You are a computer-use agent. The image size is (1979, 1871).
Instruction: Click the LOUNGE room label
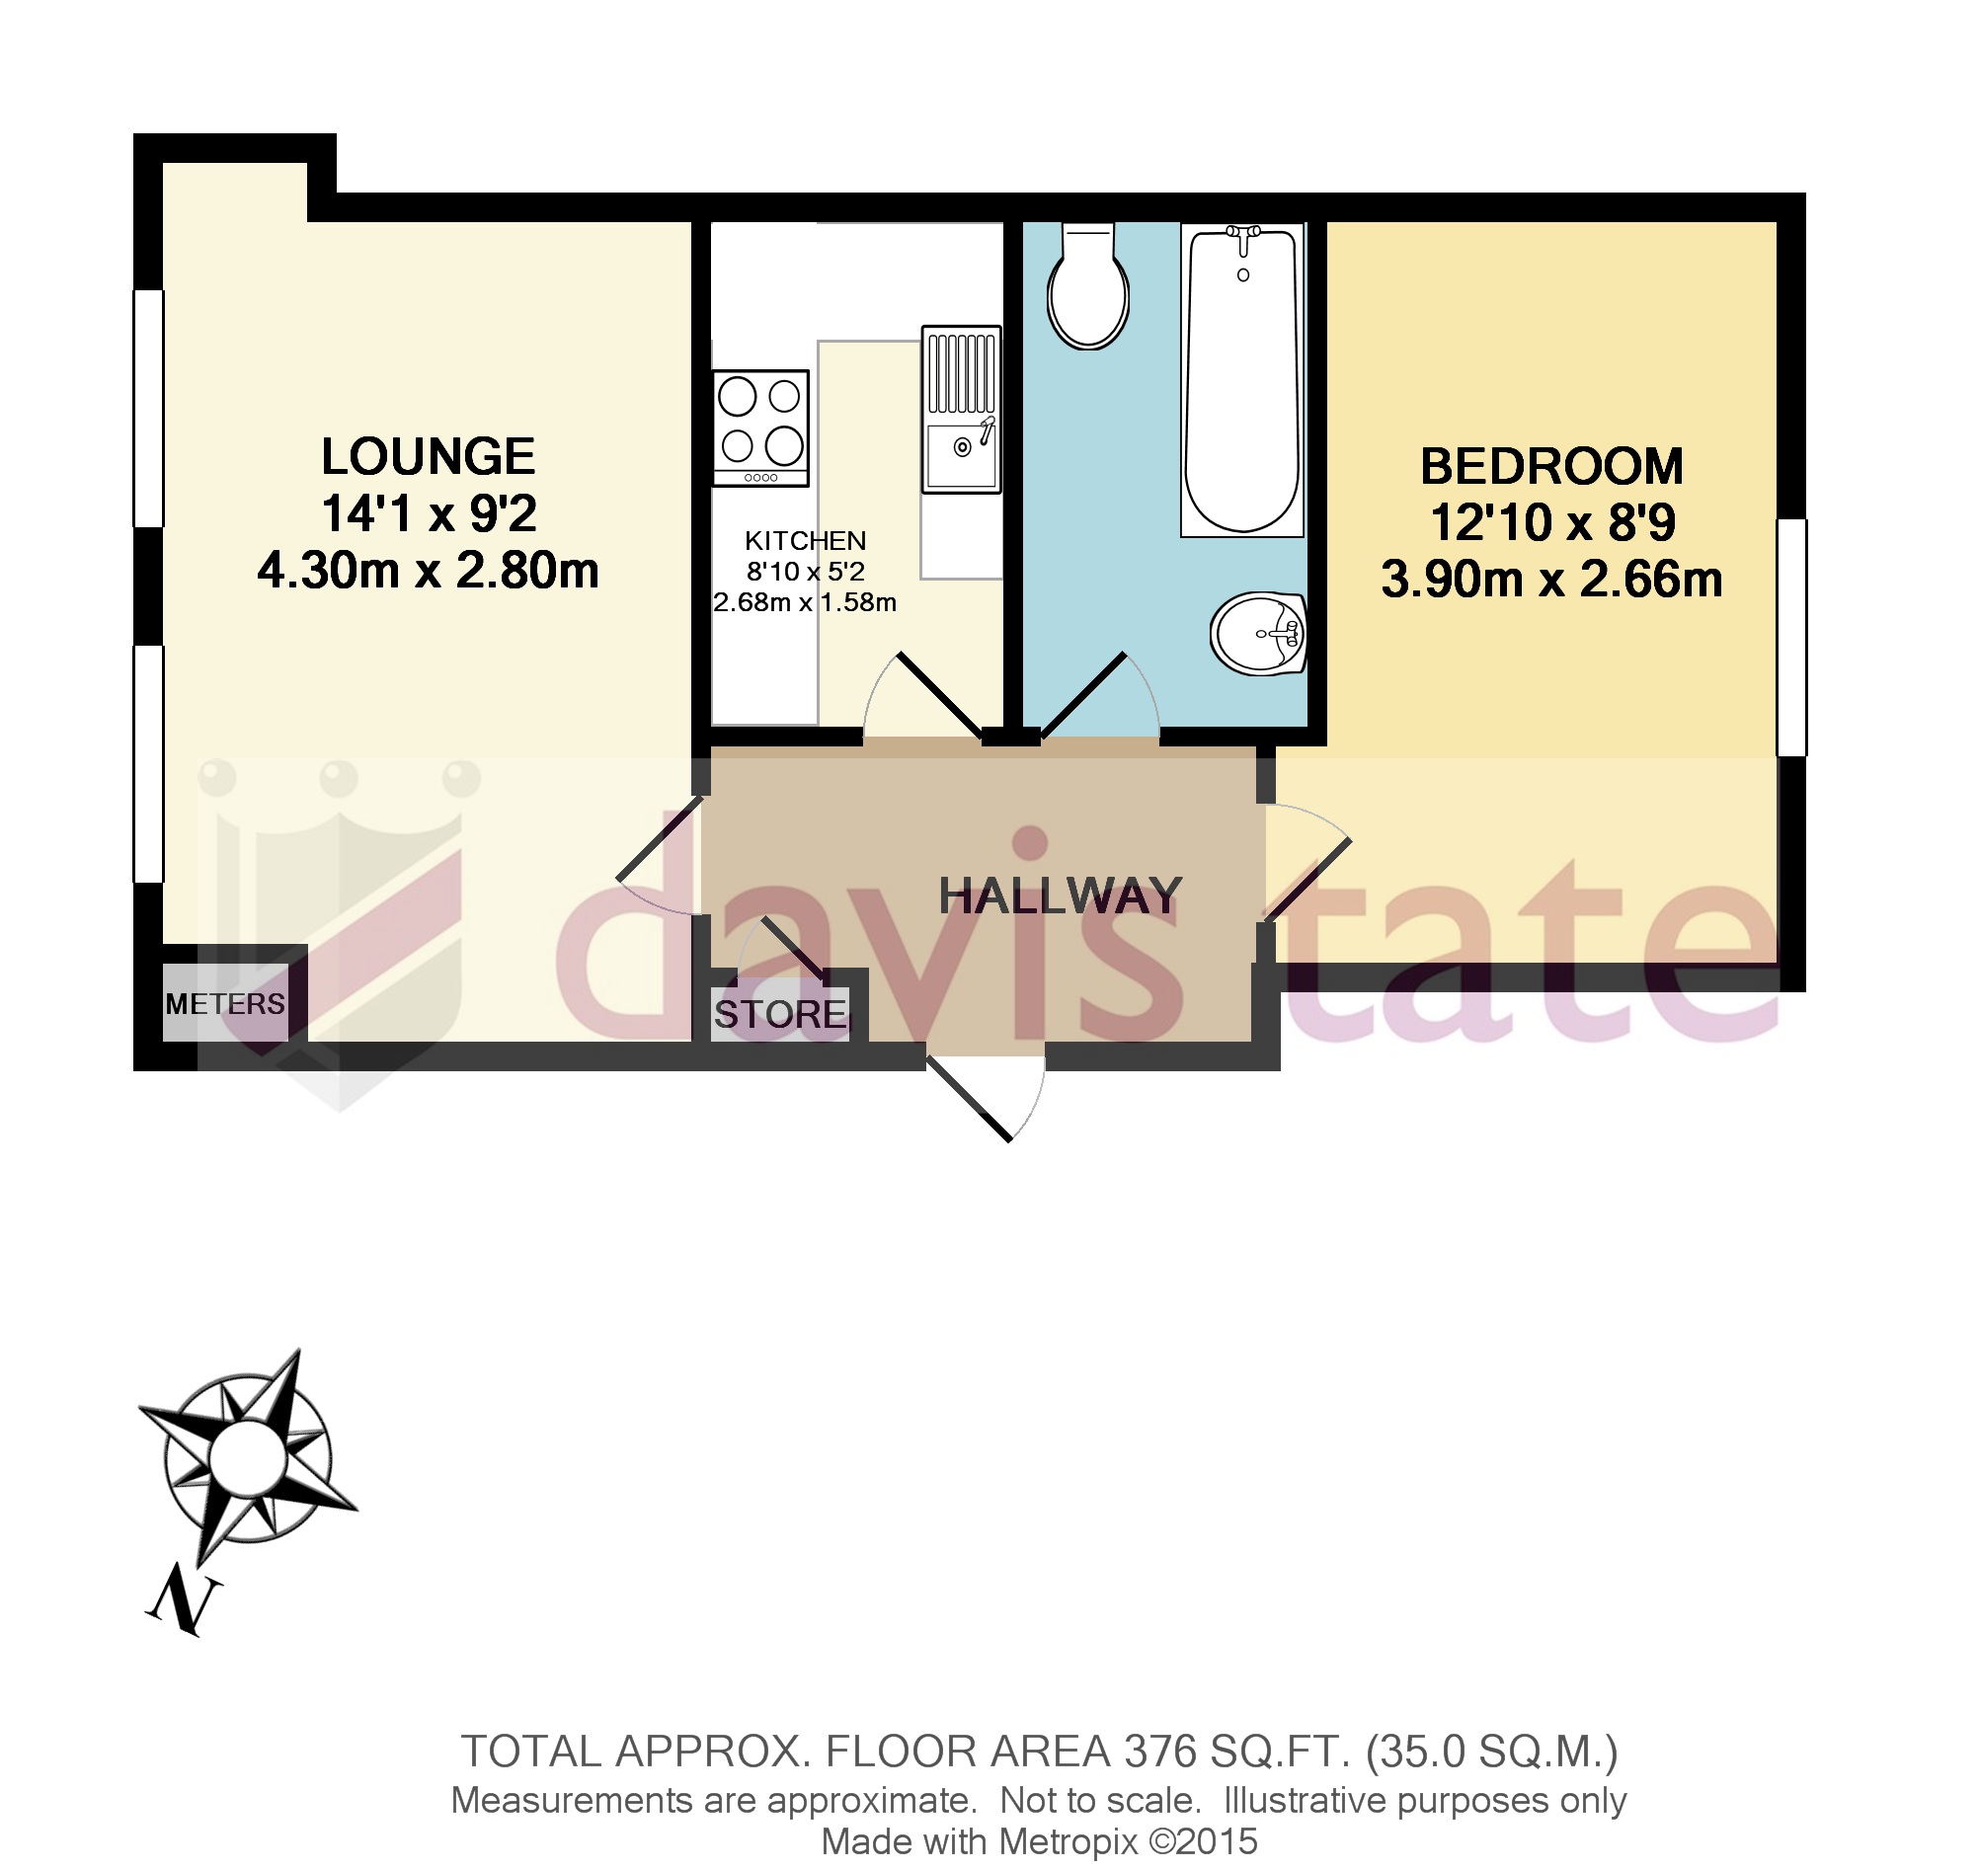[428, 458]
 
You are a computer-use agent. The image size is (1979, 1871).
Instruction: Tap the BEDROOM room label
[1551, 468]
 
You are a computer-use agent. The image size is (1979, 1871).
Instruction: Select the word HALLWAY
[1060, 897]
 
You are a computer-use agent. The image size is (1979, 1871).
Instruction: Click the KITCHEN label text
[805, 541]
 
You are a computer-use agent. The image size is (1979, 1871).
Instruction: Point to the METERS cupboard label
[225, 1003]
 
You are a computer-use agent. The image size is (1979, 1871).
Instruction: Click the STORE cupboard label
[780, 1015]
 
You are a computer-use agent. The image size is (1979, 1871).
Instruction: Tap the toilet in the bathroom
[1087, 288]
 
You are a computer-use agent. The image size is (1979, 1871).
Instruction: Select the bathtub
[1243, 380]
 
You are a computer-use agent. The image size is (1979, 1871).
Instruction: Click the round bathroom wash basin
[1258, 633]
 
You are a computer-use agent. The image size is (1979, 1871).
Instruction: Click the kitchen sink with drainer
[961, 410]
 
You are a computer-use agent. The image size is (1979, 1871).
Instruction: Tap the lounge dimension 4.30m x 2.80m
[428, 572]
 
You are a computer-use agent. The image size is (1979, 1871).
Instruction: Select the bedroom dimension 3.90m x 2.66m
[1551, 581]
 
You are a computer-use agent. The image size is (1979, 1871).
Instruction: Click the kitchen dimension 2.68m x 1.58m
[805, 603]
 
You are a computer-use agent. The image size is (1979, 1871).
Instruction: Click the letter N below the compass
[185, 1601]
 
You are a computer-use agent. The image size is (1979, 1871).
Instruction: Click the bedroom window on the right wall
[1791, 637]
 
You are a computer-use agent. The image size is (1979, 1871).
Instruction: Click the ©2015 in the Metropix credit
[1203, 1841]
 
